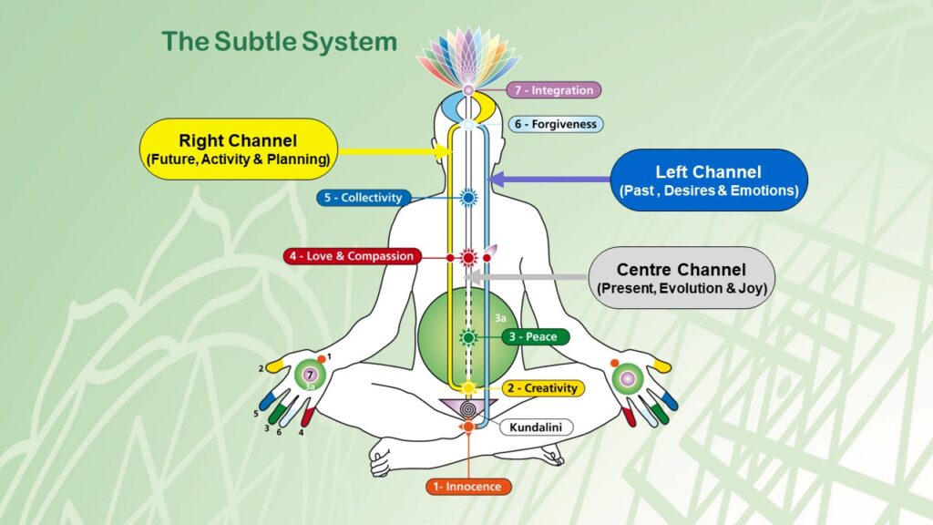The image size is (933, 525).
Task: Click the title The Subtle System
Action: click(279, 42)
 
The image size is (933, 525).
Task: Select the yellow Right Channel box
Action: click(240, 149)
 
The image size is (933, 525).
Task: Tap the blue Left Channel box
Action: click(708, 180)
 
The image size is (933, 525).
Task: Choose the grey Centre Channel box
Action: click(682, 278)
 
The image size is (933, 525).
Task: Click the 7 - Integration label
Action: click(555, 90)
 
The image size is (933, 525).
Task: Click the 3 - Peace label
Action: click(536, 337)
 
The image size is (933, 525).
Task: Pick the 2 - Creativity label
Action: click(539, 388)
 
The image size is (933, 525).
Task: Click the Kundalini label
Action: click(528, 427)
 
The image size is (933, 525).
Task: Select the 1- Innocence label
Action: click(468, 487)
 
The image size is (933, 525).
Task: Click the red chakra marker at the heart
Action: click(468, 257)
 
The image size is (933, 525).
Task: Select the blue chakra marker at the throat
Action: click(468, 197)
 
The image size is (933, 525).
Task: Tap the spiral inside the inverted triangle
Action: click(468, 407)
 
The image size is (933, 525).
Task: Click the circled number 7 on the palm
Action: click(309, 375)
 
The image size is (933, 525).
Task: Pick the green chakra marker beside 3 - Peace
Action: click(468, 337)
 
